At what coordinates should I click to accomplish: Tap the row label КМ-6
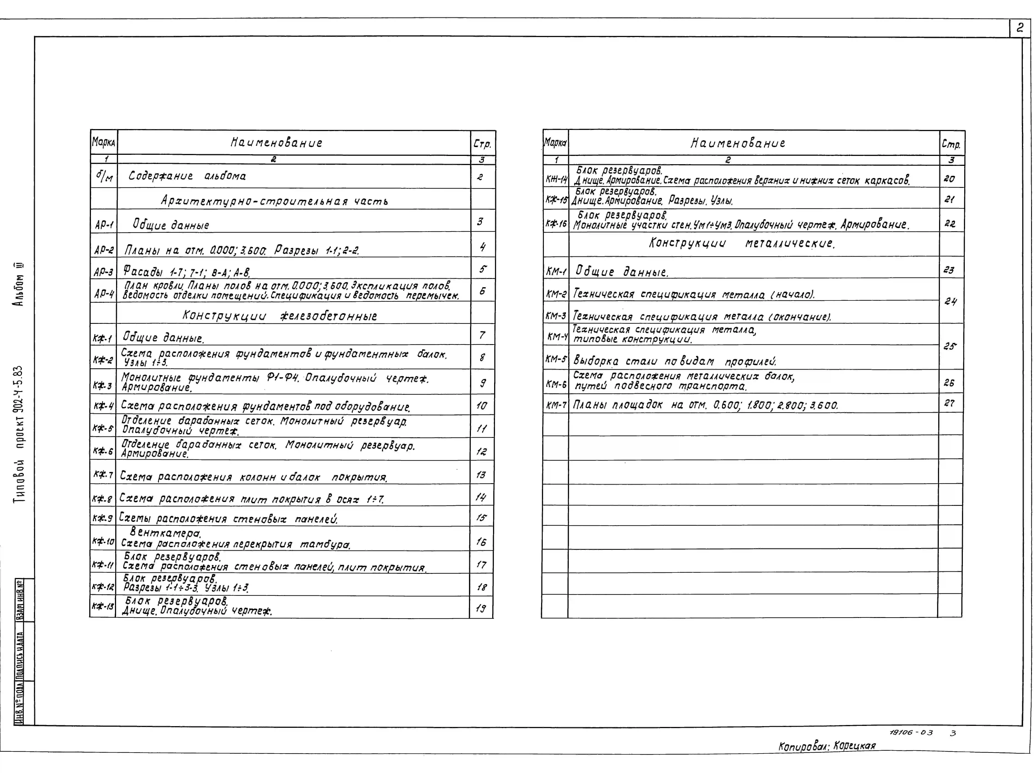tap(556, 384)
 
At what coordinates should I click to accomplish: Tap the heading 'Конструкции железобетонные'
tap(280, 316)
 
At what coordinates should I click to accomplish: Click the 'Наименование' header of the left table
tap(276, 143)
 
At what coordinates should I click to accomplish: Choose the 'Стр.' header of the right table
tap(951, 145)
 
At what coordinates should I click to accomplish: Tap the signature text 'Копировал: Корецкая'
tap(826, 746)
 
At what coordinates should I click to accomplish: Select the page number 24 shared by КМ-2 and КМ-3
tap(950, 302)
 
